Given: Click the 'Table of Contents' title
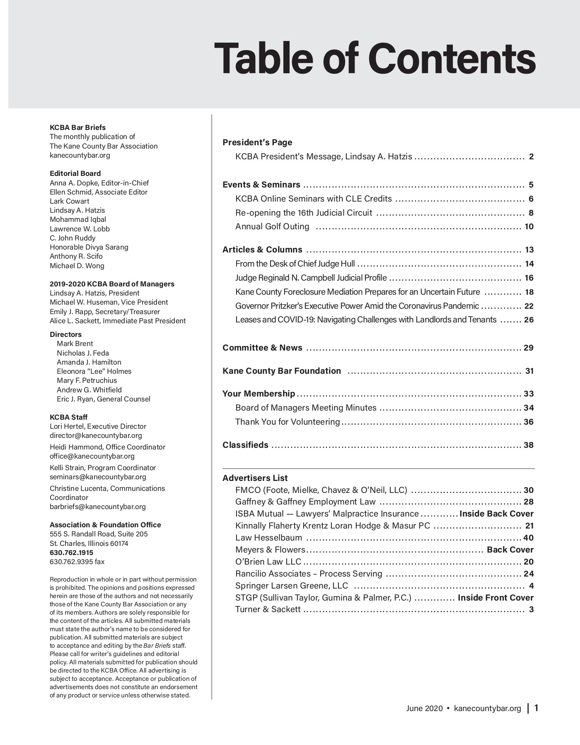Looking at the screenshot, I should tap(375, 58).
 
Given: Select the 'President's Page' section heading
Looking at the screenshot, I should tap(257, 142).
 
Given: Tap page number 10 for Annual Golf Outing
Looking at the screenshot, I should tap(529, 227).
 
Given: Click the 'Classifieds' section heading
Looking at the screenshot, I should tap(245, 445).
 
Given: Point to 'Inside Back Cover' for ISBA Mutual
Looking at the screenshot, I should tap(496, 514).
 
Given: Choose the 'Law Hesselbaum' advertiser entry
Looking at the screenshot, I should tap(268, 538).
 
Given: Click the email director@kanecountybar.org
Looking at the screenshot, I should tap(96, 435).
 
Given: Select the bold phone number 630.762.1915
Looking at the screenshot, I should tap(71, 553).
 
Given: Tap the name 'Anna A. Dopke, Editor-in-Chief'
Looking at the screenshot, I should tap(99, 183).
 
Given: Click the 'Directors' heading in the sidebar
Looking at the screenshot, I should tap(65, 334).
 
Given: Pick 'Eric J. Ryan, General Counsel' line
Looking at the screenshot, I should tap(104, 399).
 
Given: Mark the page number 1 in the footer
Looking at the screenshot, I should tap(536, 708).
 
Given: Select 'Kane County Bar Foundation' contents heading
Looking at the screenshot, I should tap(282, 371).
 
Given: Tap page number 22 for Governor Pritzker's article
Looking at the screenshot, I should tap(529, 306).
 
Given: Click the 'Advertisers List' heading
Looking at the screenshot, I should tap(255, 478).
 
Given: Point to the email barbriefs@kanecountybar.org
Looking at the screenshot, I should tap(97, 507).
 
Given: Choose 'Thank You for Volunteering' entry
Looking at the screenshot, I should tap(288, 422).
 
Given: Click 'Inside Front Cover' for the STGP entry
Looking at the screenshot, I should tap(495, 598).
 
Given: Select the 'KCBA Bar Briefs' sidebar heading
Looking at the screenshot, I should tap(77, 127).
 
